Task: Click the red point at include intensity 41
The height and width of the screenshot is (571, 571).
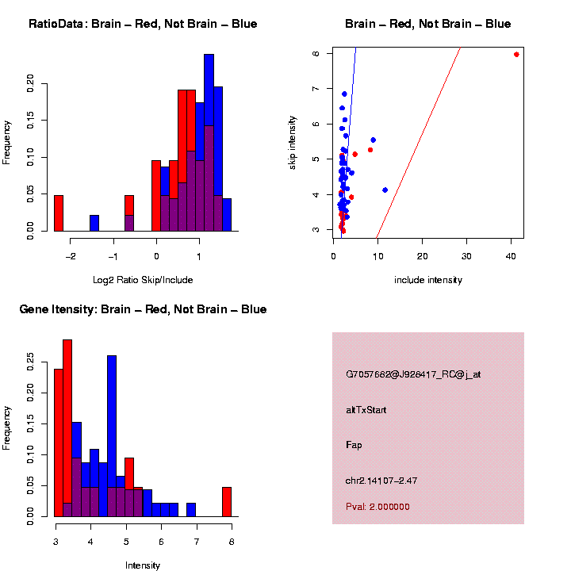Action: (516, 55)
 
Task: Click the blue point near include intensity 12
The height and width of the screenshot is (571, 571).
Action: (385, 190)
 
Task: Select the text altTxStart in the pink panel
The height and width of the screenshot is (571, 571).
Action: (366, 410)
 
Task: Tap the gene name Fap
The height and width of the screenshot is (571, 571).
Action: (354, 445)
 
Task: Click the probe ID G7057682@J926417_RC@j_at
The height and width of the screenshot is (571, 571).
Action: (412, 374)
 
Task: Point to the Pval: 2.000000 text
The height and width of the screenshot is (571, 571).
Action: (377, 507)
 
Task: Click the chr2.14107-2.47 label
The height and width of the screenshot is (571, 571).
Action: (381, 481)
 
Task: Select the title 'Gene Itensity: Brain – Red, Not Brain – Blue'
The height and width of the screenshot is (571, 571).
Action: (143, 309)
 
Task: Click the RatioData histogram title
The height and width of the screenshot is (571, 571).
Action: (143, 24)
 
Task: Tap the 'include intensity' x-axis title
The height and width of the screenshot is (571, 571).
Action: (428, 280)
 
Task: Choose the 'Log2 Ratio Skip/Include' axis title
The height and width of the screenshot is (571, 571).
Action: (143, 280)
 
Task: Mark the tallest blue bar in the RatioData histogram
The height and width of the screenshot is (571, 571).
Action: (209, 143)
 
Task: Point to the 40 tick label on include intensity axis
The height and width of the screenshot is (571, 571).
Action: (511, 256)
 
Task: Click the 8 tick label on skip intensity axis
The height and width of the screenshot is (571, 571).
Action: (316, 54)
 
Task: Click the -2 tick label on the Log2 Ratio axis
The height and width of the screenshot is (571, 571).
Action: (71, 256)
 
